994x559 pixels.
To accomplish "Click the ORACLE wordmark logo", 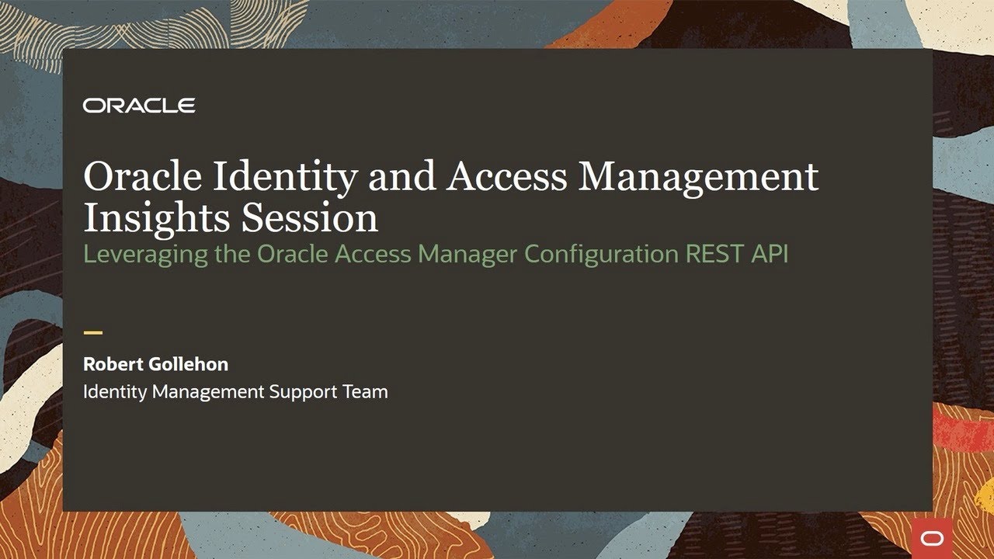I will (x=139, y=106).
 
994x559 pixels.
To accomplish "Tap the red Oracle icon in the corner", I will (x=930, y=538).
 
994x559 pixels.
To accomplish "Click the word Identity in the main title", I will (x=286, y=177).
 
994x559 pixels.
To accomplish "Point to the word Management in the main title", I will (x=699, y=177).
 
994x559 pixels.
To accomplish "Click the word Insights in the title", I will (x=156, y=218).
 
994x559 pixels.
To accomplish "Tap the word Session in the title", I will (x=309, y=218).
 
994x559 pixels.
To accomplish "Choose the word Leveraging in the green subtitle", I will (x=145, y=255).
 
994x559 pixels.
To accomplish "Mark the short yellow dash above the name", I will (x=92, y=333).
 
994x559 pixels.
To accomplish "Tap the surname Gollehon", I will (x=189, y=363).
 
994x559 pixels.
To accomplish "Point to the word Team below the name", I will (x=365, y=392).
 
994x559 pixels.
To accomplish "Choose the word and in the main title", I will (x=401, y=176).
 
